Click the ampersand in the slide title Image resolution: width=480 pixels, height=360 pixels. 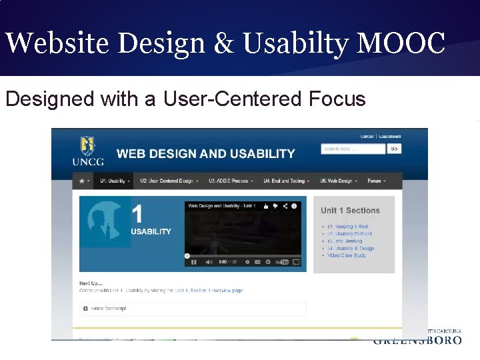tap(229, 44)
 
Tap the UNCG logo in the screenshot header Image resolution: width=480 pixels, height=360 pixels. tap(87, 151)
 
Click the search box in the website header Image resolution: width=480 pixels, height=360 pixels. tap(353, 149)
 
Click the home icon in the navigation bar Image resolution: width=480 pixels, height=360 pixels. tap(83, 181)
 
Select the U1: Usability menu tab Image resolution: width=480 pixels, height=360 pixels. tap(114, 181)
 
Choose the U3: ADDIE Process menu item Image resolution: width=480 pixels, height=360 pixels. tap(229, 181)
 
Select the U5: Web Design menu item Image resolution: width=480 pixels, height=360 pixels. tap(338, 181)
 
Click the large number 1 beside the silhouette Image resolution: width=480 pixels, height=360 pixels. tap(137, 214)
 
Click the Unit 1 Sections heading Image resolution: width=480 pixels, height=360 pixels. tap(350, 211)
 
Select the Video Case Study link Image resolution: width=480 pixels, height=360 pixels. tap(347, 255)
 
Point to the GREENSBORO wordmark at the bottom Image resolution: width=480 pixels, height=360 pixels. tap(418, 340)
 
